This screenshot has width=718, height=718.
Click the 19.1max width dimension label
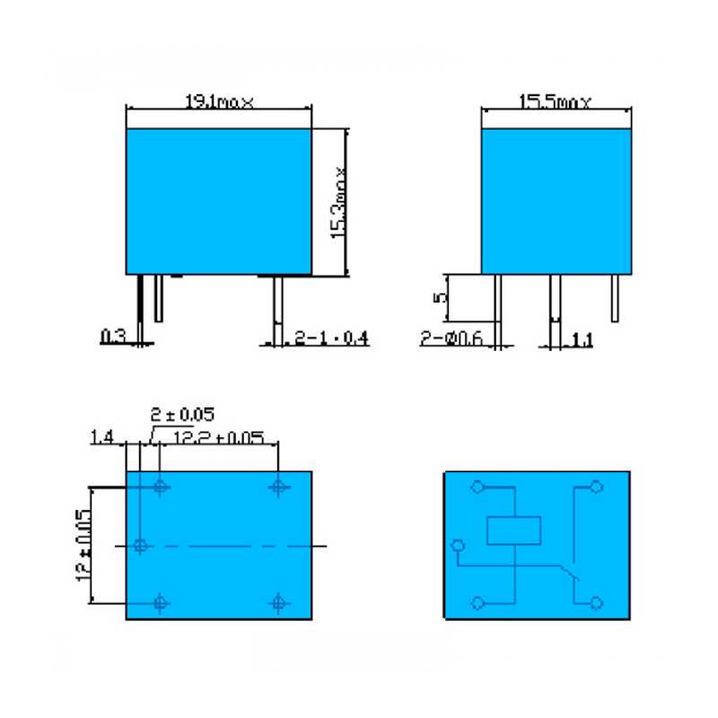coord(219,102)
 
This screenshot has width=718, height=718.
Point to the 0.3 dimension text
coord(113,337)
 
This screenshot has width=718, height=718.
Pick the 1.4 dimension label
coord(101,437)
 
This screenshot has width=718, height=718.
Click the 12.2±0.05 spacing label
coord(218,437)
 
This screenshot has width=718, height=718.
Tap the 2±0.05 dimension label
coord(182,414)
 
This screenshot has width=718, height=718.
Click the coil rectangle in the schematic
coord(514,531)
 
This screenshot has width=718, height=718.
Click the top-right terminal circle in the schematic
coord(594,487)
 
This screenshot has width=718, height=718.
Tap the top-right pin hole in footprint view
coord(278,486)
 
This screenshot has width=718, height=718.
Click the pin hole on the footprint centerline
coord(140,545)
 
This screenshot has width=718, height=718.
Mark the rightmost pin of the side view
coord(615,297)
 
